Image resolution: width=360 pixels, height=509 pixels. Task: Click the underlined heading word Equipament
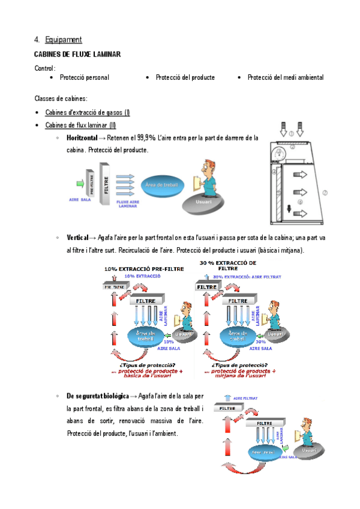click(x=63, y=40)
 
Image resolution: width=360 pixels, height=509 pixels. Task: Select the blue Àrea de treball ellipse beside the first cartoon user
click(x=161, y=186)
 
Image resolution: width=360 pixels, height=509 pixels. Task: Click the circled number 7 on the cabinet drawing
click(x=325, y=193)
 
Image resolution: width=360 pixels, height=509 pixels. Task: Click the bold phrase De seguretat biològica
click(x=97, y=396)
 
